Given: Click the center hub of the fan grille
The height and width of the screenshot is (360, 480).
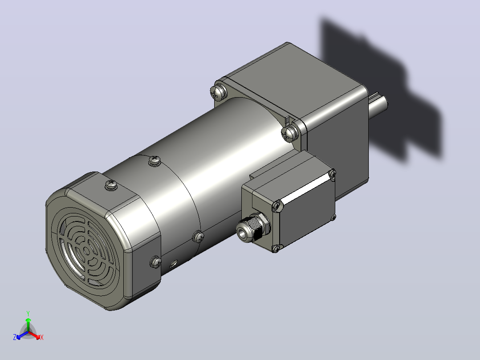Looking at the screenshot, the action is pos(87,251).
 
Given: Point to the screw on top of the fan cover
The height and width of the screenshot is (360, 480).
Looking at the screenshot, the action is pos(111,185).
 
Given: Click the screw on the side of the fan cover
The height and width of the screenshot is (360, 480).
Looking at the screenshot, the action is pos(156,262).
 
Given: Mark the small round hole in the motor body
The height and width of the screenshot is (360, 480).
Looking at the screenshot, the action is pos(174,263).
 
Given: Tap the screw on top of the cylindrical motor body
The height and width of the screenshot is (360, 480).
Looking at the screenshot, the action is pos(155,160).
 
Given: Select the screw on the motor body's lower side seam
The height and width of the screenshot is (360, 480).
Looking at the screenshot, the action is pos(199,237).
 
